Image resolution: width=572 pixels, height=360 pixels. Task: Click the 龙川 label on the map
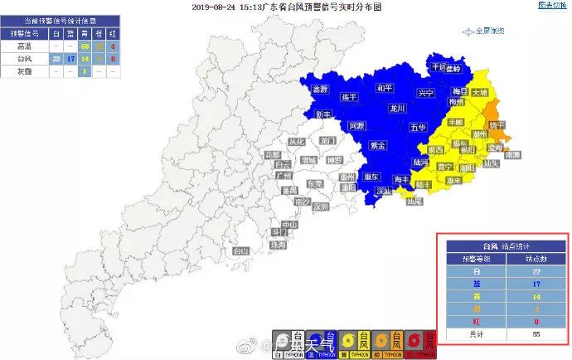(x=397, y=109)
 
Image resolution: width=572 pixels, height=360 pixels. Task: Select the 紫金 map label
(x=377, y=145)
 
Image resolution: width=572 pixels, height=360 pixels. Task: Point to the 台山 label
(x=240, y=251)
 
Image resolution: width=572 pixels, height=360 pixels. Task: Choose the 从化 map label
(x=296, y=142)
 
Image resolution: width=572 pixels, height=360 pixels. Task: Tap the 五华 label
(x=417, y=128)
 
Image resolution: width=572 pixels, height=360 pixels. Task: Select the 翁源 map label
(x=319, y=89)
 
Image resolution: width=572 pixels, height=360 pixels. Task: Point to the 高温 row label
(x=23, y=47)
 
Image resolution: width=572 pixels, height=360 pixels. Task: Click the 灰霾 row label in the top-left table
(x=23, y=71)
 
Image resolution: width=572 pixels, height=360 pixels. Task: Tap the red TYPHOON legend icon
(x=428, y=343)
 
